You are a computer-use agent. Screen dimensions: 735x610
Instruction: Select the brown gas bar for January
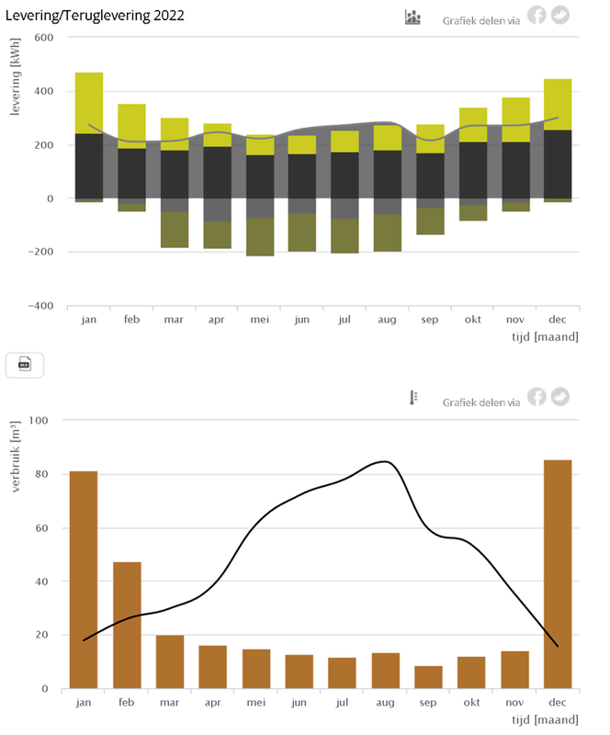coord(84,579)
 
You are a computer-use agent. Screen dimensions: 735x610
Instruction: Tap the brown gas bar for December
coord(558,574)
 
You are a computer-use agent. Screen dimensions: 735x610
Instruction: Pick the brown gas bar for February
coord(127,625)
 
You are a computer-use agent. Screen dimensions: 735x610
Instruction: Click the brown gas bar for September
coord(429,677)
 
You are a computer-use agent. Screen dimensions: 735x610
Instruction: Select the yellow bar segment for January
coord(89,103)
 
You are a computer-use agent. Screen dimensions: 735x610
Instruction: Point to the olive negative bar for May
coord(260,236)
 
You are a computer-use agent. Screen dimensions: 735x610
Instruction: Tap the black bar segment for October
coord(473,170)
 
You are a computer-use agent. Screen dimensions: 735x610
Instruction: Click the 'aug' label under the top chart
coord(387,320)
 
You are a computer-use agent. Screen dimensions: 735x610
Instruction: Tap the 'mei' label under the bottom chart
coord(256,703)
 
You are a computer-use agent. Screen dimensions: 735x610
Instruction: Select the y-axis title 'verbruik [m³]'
coord(16,457)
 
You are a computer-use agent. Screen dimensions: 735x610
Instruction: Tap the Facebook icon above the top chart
coord(536,16)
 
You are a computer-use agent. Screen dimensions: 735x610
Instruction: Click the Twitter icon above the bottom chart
coord(559,397)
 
